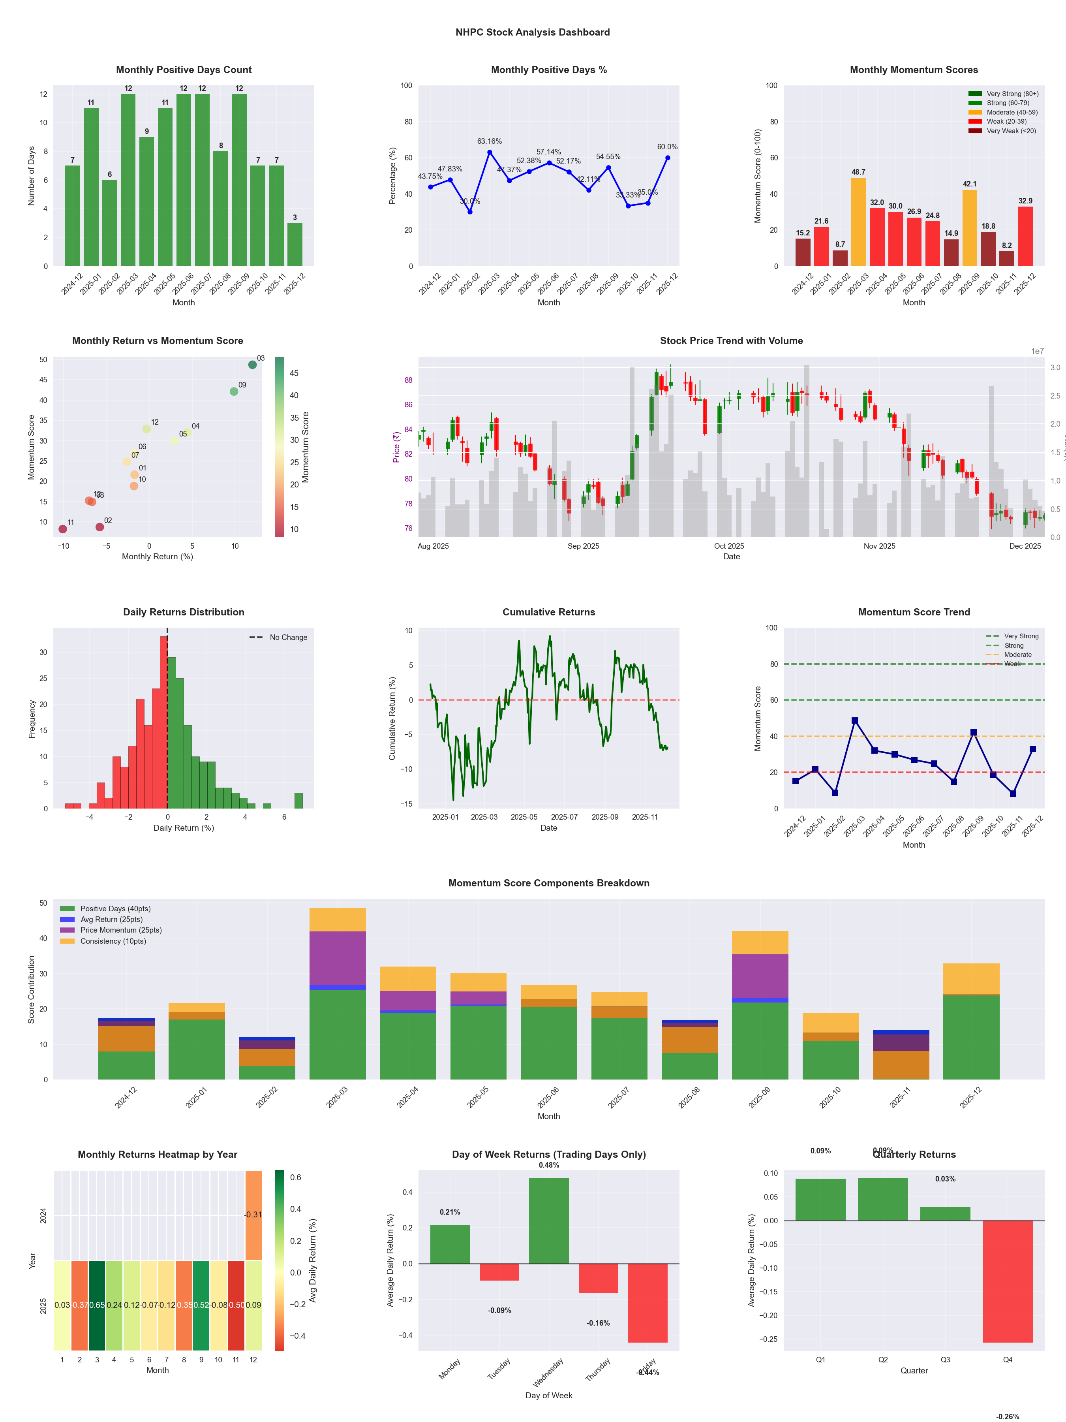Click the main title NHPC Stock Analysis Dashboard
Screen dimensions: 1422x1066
pos(533,32)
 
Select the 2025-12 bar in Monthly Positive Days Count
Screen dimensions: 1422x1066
pos(295,244)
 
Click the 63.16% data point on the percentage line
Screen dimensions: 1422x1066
pos(490,152)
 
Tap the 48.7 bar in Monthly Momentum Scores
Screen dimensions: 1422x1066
pos(858,222)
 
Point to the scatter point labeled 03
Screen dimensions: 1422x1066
pos(253,365)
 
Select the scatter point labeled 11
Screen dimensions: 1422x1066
pos(63,529)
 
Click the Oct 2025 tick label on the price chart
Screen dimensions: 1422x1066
pos(729,546)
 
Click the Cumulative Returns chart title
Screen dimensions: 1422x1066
pos(549,612)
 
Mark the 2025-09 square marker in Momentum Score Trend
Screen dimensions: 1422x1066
pos(974,732)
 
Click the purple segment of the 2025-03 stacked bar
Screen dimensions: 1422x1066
pos(337,958)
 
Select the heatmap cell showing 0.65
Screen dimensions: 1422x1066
pos(97,1305)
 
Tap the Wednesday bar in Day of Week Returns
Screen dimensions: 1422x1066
pos(549,1221)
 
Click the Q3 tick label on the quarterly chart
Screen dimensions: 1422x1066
pos(945,1360)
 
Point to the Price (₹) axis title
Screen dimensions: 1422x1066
pos(396,447)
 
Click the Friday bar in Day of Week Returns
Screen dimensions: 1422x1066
pos(648,1302)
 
